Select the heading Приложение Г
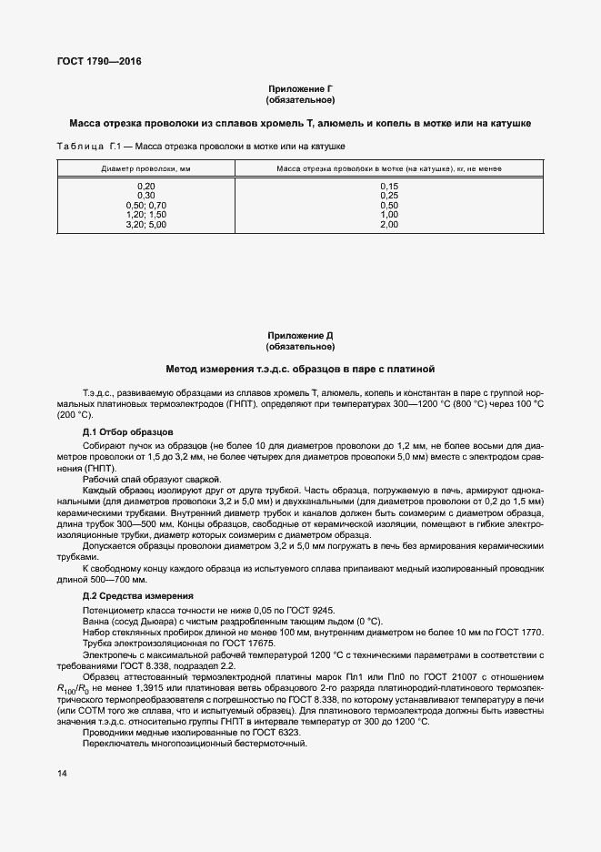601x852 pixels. pos(300,88)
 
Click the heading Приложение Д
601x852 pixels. pos(300,336)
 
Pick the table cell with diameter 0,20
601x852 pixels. pos(145,187)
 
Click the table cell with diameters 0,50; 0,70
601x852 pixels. pos(145,206)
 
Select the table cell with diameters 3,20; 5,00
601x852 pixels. pos(145,224)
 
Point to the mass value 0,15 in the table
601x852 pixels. pos(389,187)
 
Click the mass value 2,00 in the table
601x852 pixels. pos(389,224)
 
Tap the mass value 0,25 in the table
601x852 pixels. pos(389,196)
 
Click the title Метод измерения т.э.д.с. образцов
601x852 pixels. pos(300,370)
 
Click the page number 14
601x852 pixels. pos(62,774)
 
